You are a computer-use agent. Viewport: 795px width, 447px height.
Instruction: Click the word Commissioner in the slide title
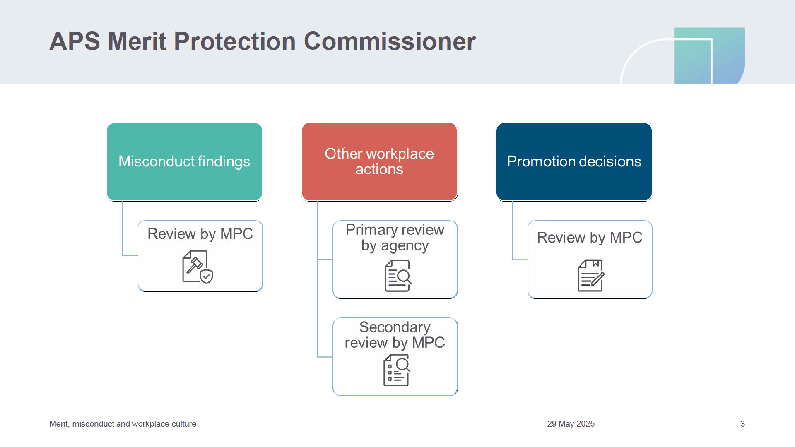(390, 41)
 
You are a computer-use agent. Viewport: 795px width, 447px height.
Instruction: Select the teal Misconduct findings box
(184, 162)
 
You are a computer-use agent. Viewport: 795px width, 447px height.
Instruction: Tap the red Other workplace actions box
(379, 162)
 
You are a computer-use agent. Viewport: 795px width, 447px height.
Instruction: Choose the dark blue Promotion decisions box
(574, 162)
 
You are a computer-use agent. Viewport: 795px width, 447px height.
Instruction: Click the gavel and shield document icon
(198, 267)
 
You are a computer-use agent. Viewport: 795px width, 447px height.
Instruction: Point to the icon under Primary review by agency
(398, 276)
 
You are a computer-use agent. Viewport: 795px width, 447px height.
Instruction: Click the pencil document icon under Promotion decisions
(591, 276)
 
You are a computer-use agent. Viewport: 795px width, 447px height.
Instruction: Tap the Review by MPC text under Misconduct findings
(200, 234)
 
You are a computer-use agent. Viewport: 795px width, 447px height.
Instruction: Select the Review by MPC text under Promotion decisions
(590, 238)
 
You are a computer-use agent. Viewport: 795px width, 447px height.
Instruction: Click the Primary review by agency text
(395, 238)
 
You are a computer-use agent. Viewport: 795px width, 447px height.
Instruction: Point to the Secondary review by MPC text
(395, 335)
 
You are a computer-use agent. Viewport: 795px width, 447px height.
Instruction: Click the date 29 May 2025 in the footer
(571, 424)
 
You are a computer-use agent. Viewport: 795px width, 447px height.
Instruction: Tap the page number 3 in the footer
(742, 424)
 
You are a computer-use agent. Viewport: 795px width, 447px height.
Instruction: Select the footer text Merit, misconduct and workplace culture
(123, 424)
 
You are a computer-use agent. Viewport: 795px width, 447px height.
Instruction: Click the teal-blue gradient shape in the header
(709, 55)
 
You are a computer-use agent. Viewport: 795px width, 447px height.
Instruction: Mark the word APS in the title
(75, 41)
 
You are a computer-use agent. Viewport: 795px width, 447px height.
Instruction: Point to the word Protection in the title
(235, 41)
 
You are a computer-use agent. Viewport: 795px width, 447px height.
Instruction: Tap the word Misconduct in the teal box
(156, 161)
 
